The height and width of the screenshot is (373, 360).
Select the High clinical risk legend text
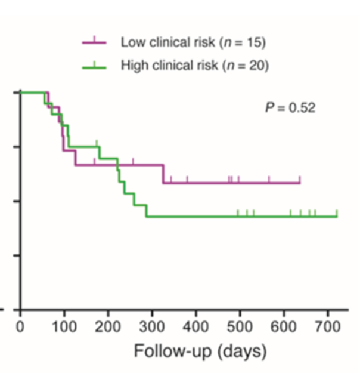click(x=194, y=65)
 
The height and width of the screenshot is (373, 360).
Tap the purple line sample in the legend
click(x=94, y=43)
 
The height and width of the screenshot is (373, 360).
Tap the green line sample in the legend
click(x=94, y=66)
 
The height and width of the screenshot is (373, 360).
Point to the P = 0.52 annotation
click(x=290, y=108)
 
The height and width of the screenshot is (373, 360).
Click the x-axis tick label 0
click(x=20, y=326)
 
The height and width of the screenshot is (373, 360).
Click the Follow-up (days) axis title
click(x=200, y=352)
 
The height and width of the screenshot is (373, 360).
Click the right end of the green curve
click(x=337, y=216)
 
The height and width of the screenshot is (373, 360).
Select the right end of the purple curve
click(x=299, y=182)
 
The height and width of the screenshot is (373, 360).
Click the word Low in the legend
click(x=132, y=43)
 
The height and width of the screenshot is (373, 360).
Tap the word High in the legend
click(x=134, y=65)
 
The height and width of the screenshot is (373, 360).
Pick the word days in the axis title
click(x=243, y=352)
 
